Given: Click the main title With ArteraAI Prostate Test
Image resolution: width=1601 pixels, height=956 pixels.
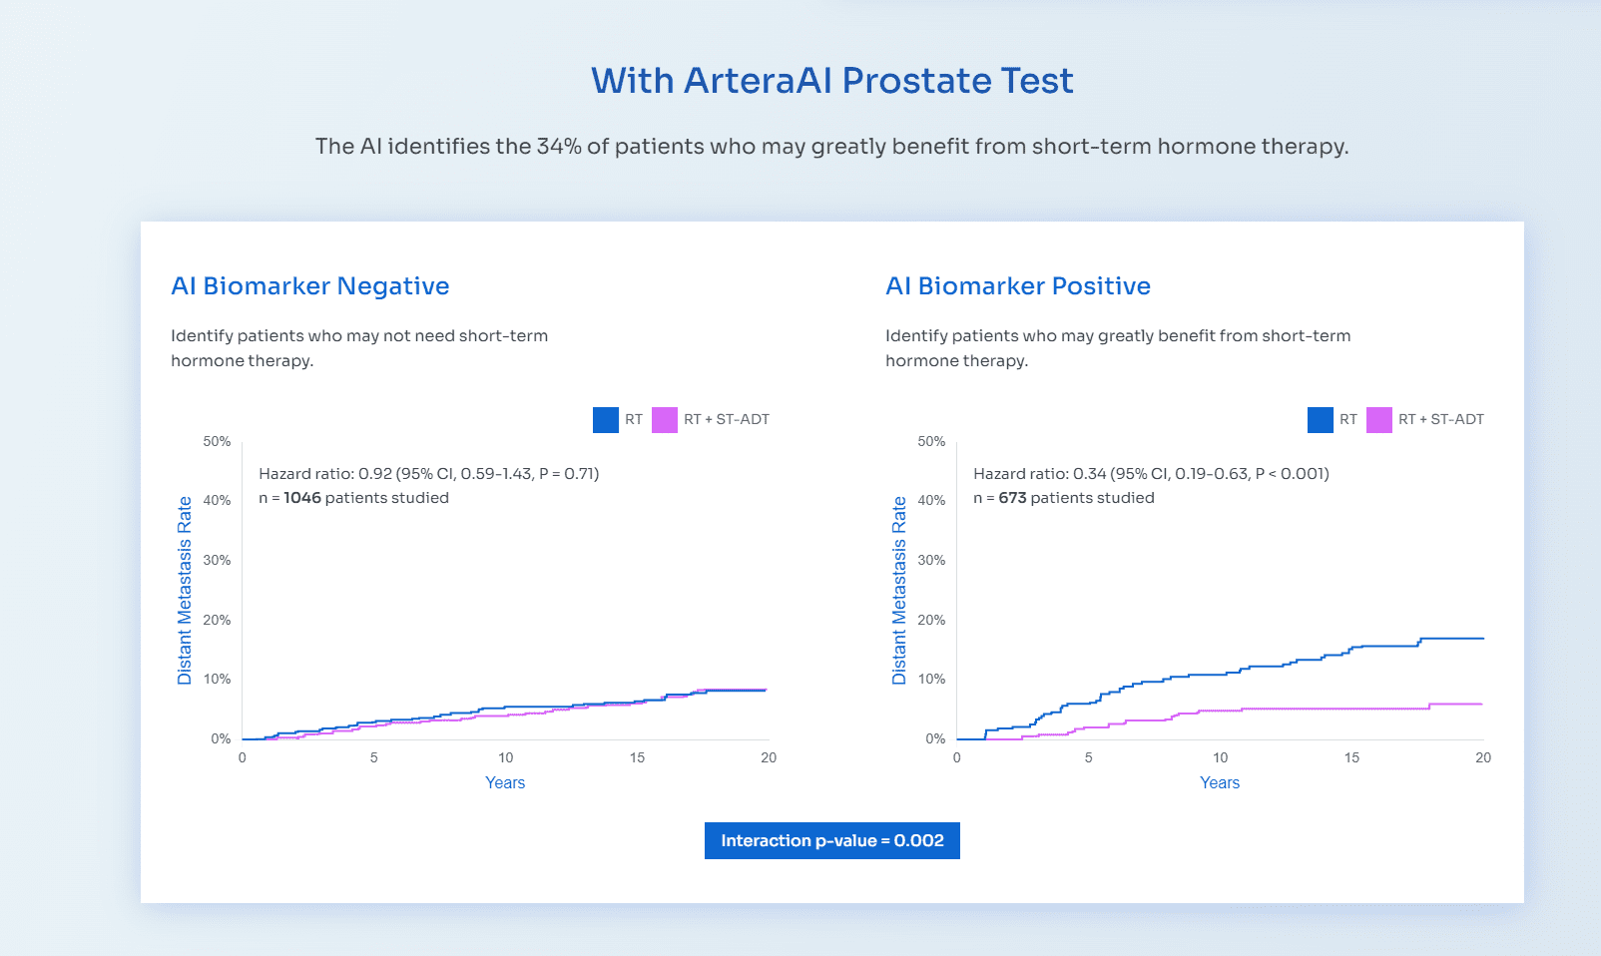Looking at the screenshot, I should (831, 81).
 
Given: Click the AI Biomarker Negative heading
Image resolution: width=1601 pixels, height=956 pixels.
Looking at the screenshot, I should (310, 286).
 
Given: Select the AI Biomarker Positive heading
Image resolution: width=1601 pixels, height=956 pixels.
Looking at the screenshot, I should (1017, 286).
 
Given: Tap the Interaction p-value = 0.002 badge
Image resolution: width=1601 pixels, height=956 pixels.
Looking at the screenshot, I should (831, 840).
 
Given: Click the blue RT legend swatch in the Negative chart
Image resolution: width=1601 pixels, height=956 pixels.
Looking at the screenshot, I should (605, 420).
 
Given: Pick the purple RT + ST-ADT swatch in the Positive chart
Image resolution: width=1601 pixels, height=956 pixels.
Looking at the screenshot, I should (1378, 420).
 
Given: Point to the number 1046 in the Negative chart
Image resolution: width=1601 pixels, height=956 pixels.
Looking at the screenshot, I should (302, 498).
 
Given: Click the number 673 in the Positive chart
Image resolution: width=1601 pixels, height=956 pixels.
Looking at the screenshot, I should (1012, 498).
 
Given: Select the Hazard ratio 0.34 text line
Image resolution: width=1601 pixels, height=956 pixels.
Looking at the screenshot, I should (1150, 474).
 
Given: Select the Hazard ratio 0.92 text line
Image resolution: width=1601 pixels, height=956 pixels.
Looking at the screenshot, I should (428, 474).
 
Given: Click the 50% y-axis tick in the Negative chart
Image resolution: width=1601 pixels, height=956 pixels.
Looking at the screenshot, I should (217, 441).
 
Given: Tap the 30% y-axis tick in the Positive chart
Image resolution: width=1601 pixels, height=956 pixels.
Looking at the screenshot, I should (931, 560).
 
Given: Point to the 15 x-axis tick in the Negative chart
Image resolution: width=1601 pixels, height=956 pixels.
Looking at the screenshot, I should (637, 757).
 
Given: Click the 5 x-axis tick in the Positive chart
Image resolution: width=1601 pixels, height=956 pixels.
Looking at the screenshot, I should (1088, 757).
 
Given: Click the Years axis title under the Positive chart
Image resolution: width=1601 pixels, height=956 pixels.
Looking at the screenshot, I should (1219, 783).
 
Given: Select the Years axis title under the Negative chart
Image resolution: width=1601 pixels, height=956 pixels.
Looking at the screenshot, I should (504, 783).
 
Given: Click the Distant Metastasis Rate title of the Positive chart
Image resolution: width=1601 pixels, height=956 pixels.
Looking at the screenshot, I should (899, 590).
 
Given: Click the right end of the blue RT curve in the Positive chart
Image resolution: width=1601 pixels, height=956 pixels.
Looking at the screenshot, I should (1481, 638).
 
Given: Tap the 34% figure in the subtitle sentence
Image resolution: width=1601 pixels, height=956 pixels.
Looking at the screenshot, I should (559, 147).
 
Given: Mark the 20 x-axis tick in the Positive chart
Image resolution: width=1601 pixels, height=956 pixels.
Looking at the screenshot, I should (1482, 757).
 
